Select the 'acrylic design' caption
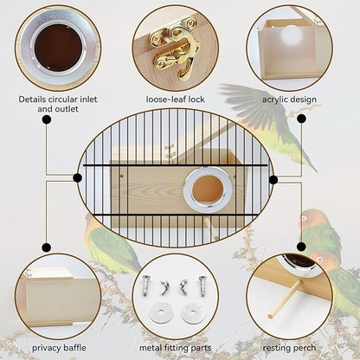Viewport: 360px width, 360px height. click(x=290, y=99)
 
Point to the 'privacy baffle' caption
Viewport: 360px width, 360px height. click(x=59, y=348)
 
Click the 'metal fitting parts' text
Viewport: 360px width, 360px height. click(x=177, y=348)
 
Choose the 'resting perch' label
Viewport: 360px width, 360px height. click(x=289, y=348)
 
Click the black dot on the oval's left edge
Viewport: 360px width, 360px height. click(x=78, y=178)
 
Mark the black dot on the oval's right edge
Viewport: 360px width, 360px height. click(x=273, y=180)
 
